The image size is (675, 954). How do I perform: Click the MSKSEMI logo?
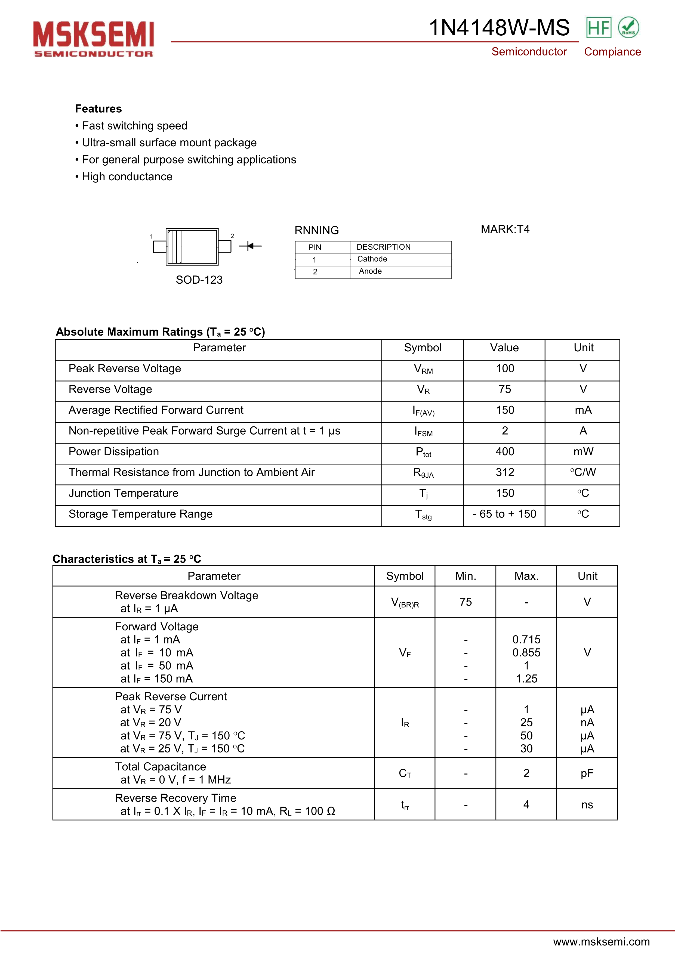tap(94, 39)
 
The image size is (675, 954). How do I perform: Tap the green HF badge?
tap(599, 28)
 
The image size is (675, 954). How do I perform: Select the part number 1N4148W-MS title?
tap(499, 28)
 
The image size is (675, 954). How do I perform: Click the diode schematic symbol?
tap(250, 246)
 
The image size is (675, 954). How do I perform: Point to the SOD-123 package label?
tap(199, 280)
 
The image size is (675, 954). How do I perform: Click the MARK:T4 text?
tap(505, 229)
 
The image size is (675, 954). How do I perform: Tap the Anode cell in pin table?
tap(370, 271)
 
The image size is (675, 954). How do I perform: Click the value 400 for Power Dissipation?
tap(505, 452)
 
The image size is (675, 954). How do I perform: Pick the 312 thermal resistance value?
tap(505, 472)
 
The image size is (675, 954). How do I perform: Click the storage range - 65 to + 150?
tap(504, 514)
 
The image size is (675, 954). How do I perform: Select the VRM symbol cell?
tap(423, 369)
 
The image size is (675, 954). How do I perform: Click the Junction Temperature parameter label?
tap(124, 493)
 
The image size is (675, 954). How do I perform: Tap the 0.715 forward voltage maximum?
tap(526, 639)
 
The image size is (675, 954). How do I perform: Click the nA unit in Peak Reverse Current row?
tap(587, 723)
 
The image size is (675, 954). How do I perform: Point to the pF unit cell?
tap(587, 773)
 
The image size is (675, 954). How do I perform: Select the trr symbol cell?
tap(405, 805)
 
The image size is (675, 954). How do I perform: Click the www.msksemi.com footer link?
tap(601, 941)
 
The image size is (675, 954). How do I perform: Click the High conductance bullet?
tap(127, 176)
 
